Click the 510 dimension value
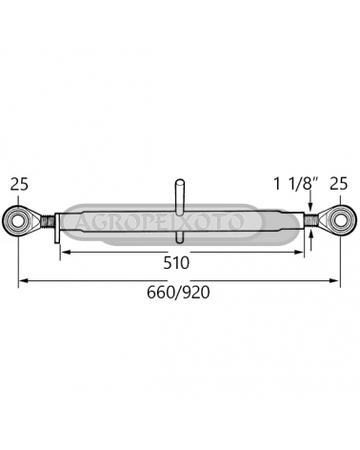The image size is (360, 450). pos(176,263)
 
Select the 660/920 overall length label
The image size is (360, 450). pos(178,293)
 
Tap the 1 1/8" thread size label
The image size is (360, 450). pos(296,184)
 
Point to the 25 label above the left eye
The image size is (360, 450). pos(19,184)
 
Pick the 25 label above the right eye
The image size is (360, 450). pos(339,184)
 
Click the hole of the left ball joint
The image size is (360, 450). pos(18,220)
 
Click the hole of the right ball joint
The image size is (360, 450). pos(340,220)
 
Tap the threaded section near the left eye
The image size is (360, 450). pos(48,220)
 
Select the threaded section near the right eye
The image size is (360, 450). pos(310,219)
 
